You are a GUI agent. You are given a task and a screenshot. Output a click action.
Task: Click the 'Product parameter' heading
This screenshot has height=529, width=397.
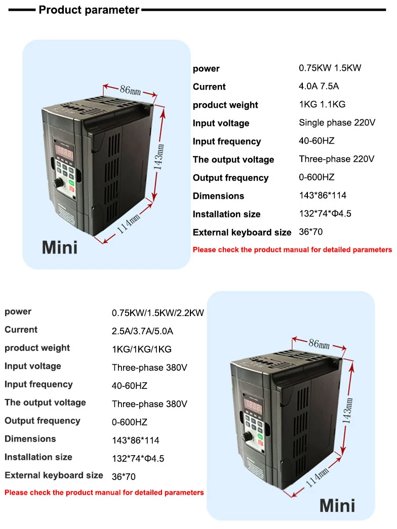point(89,10)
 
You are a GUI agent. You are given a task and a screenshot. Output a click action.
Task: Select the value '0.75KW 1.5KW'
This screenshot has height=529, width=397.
point(330,68)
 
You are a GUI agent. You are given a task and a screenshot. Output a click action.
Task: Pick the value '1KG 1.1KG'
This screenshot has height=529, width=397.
point(322,105)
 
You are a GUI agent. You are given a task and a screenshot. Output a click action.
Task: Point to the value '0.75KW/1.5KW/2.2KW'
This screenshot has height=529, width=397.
point(157,313)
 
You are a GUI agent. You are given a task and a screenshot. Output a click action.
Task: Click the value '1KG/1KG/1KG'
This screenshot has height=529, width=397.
point(141,349)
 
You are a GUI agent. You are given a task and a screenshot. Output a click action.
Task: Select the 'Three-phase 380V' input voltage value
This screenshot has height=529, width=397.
point(149,368)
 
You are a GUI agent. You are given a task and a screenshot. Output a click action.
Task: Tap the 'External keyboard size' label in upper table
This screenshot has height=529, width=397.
point(242,233)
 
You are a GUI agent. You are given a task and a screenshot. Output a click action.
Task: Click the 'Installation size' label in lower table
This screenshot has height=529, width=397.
point(38,457)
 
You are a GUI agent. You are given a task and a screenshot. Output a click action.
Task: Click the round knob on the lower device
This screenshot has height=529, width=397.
point(249,436)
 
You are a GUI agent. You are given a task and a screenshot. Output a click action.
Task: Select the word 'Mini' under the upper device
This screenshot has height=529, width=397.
point(60,247)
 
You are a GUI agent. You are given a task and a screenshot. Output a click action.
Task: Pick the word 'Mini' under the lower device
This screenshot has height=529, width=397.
point(337,505)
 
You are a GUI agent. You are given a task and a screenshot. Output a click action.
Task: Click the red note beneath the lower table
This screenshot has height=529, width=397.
point(104,493)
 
